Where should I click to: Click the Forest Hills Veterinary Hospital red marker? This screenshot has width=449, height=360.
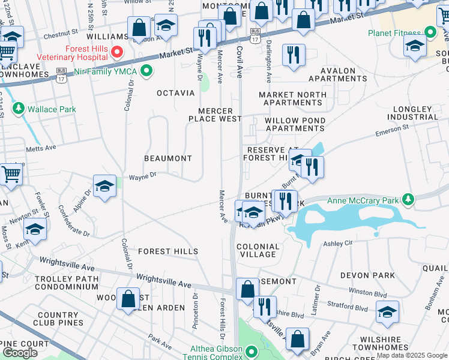118,52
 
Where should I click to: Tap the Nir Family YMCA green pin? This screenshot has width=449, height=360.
146,72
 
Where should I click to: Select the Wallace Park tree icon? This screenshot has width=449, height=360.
19,109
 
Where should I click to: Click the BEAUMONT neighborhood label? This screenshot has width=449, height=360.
167,158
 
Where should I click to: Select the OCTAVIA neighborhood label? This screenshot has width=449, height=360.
175,93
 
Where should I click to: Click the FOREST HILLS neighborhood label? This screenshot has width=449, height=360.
168,251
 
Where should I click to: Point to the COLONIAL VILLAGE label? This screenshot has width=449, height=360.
258,250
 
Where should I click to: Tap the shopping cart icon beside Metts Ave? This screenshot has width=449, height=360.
10,174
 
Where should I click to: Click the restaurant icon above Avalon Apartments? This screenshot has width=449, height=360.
294,55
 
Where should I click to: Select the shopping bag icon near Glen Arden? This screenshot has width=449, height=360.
128,299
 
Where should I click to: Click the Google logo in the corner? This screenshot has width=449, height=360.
20,353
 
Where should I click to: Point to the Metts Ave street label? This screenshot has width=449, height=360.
40,148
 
